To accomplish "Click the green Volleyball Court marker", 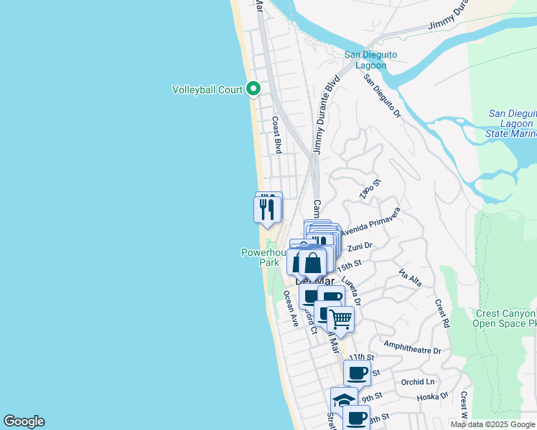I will tap(253, 90).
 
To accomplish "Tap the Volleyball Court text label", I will tap(207, 90).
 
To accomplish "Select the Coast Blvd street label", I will tap(276, 135).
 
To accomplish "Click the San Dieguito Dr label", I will tap(381, 96).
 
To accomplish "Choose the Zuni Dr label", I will tap(359, 246).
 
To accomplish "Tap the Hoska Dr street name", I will tap(434, 395).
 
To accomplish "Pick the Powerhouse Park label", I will tap(258, 257).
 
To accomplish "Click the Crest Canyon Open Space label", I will tap(505, 319).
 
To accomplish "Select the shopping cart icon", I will tap(341, 318).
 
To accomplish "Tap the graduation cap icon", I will tap(344, 400).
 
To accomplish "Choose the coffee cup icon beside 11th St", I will tap(357, 372).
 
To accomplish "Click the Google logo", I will tap(24, 421).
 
